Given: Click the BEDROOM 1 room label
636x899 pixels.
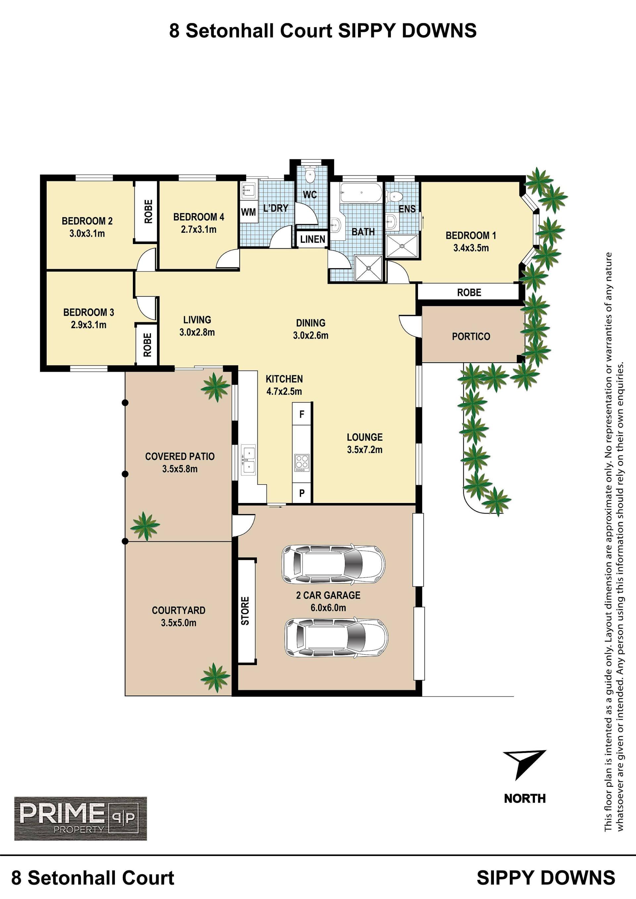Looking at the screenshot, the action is [x=471, y=235].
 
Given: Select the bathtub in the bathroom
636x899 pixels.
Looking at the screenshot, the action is [x=361, y=193].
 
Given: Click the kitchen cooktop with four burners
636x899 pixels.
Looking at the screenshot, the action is [x=301, y=463].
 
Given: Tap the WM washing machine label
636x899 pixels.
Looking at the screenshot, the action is [x=248, y=212].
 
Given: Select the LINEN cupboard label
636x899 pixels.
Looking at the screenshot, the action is [x=312, y=239].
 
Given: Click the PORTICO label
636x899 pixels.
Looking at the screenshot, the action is [x=471, y=336].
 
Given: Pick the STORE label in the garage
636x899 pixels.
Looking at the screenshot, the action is [x=245, y=611].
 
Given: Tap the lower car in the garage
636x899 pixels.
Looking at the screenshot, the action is [x=336, y=637].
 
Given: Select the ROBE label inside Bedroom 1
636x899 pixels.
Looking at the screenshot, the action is [x=469, y=292].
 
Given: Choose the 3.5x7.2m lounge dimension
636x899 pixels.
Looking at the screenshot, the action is [x=365, y=450].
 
